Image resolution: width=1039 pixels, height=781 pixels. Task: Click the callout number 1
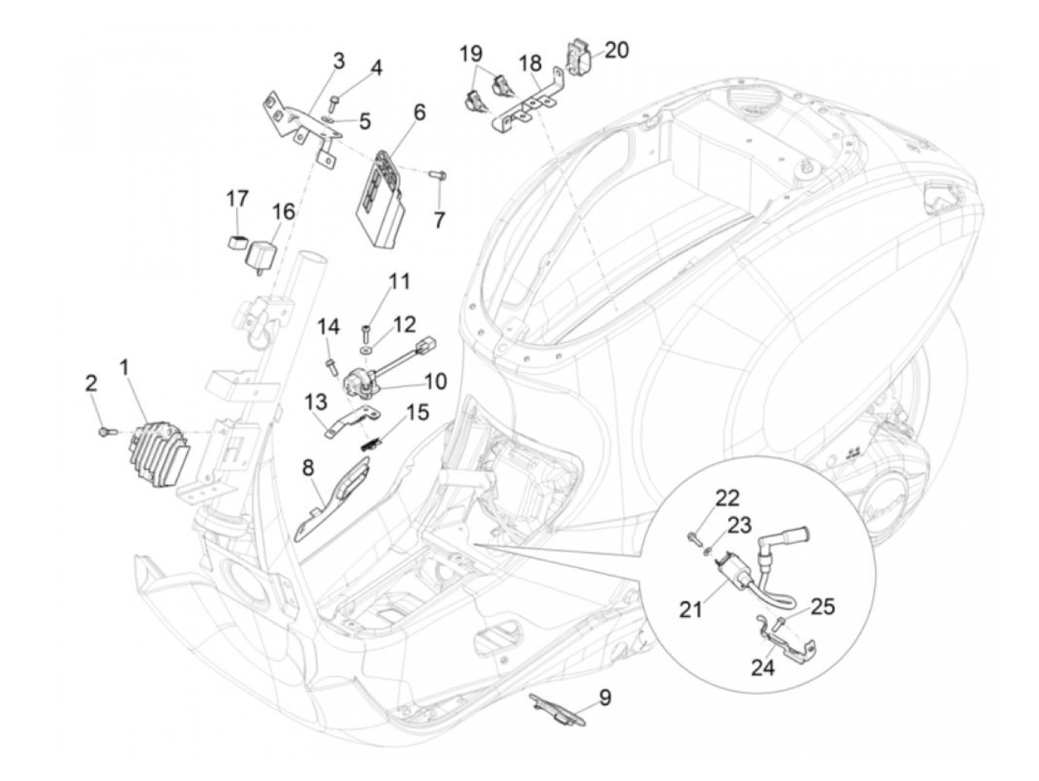click(x=125, y=366)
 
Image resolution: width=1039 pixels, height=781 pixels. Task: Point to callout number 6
click(x=420, y=113)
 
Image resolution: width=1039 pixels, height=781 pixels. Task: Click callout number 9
click(x=606, y=698)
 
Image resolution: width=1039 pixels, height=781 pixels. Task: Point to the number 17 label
click(x=237, y=199)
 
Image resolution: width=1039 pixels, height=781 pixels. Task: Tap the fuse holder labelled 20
click(x=579, y=53)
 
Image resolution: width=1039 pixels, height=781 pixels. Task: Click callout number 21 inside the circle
click(x=692, y=610)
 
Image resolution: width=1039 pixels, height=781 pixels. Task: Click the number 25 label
click(x=822, y=607)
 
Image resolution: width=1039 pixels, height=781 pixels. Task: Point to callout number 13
click(x=315, y=402)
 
